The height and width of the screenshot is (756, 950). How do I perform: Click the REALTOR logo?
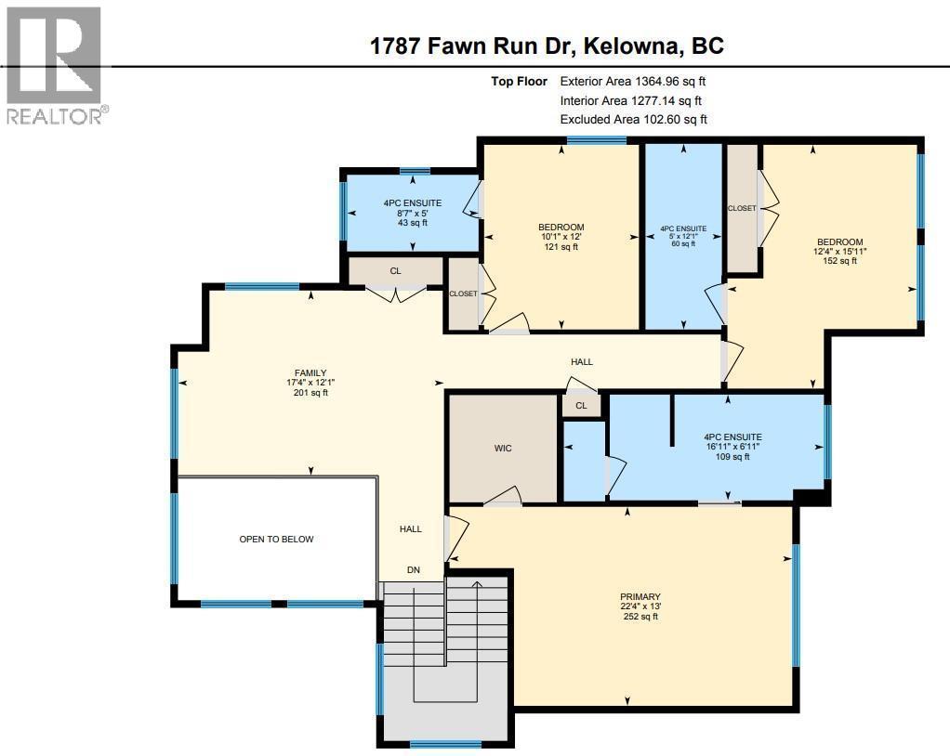click(55, 65)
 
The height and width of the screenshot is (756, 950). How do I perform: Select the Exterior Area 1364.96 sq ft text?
click(640, 82)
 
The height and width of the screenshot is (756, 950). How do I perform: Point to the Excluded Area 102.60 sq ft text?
click(633, 119)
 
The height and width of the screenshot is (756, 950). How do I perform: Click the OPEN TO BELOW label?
click(277, 539)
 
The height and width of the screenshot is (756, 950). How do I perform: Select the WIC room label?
click(503, 449)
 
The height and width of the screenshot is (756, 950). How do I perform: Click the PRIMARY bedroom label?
click(640, 597)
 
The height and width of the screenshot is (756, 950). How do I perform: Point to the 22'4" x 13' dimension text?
click(640, 606)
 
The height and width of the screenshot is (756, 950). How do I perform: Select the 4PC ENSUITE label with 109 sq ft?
click(732, 437)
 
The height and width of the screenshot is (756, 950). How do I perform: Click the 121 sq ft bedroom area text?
click(561, 247)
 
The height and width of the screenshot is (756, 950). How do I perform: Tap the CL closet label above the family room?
click(395, 271)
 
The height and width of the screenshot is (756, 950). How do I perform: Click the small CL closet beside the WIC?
click(581, 405)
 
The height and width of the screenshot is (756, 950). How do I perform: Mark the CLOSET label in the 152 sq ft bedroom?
click(742, 208)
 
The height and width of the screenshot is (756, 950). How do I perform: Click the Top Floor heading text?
click(520, 82)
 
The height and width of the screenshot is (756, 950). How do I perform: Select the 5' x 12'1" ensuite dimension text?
click(683, 236)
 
